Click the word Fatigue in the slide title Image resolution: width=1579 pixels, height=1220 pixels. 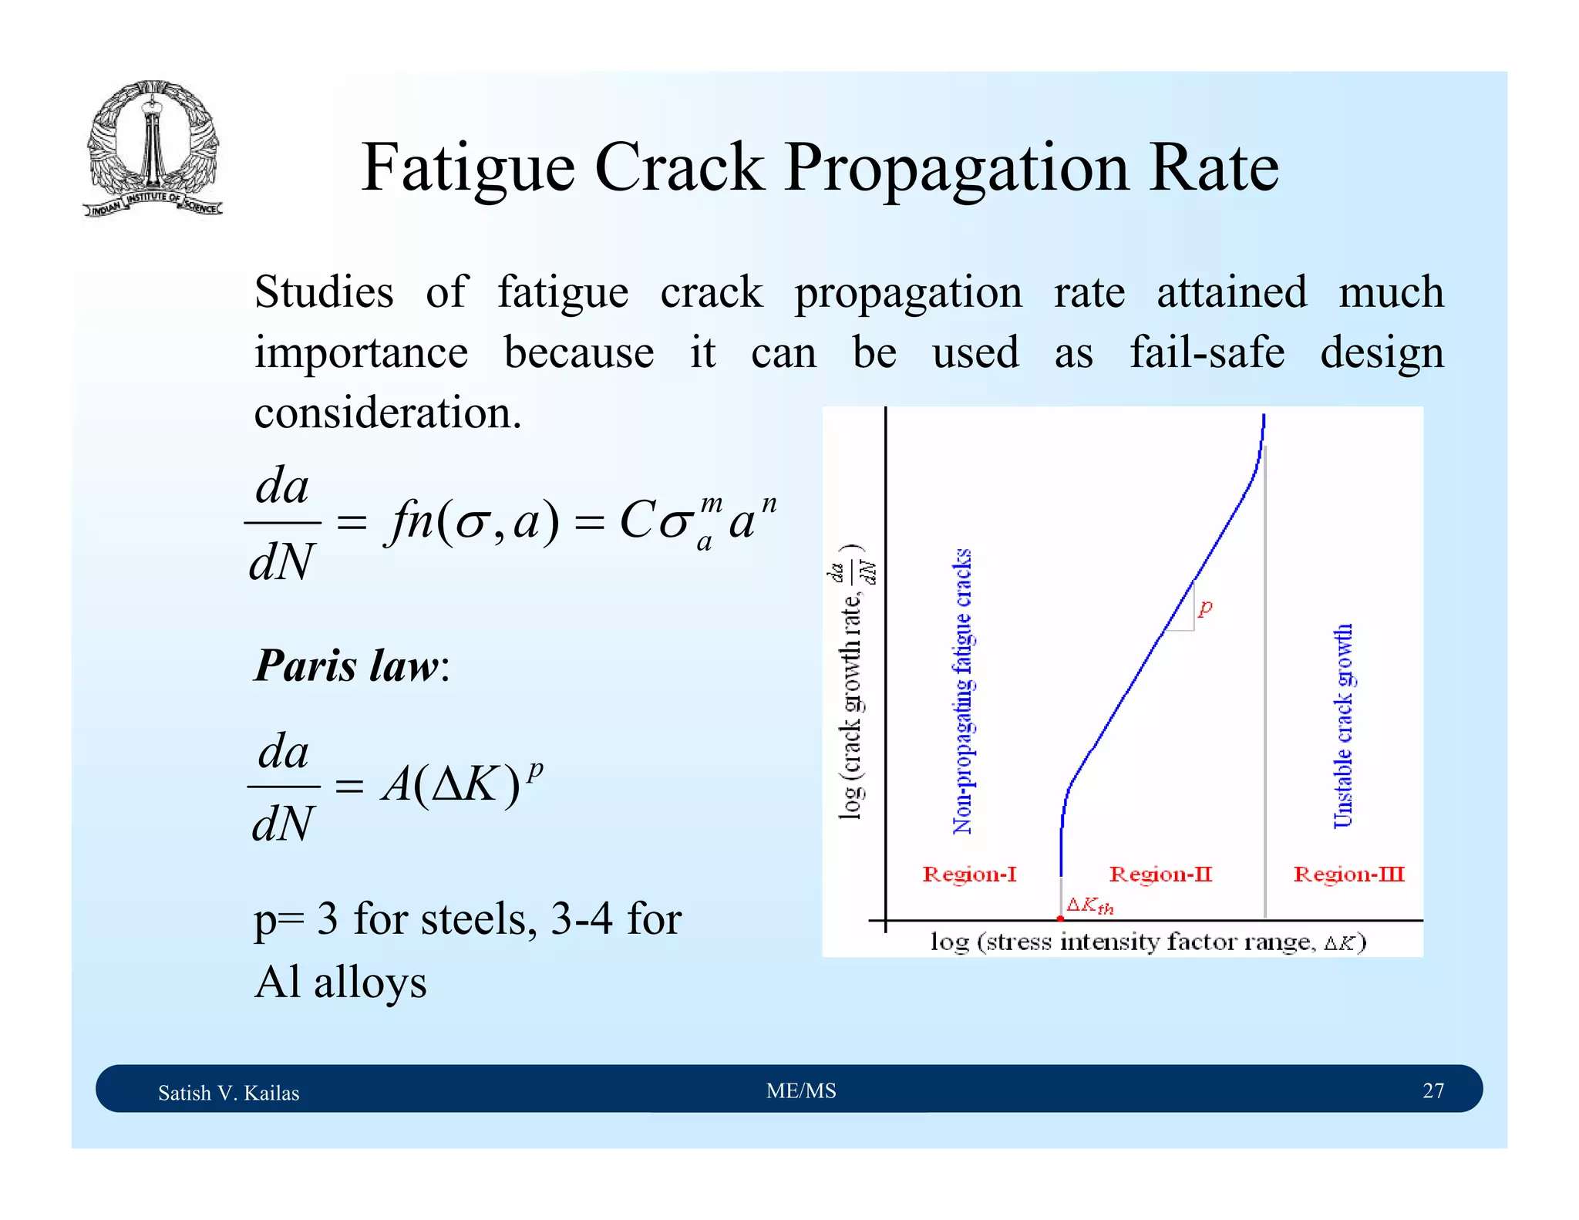468,169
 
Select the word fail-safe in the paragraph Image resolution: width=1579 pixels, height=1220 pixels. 1207,353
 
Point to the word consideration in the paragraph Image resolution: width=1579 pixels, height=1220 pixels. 387,413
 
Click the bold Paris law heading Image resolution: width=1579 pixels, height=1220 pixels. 347,666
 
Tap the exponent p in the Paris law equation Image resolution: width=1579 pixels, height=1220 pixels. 536,769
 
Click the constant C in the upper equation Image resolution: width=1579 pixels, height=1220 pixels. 638,521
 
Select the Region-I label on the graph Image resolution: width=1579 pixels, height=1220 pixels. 969,875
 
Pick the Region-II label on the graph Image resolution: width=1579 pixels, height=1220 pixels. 1160,875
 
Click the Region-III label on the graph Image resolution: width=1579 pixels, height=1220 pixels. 1348,875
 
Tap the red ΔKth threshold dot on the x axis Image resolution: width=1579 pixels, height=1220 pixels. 1060,918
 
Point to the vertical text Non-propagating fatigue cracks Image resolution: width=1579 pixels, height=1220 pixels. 962,692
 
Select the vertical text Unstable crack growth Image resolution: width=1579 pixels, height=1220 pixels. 1343,726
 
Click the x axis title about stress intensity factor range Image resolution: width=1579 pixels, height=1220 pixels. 1148,942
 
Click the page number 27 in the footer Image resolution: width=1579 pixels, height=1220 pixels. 1433,1090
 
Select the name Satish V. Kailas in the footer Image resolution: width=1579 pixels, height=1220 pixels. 228,1093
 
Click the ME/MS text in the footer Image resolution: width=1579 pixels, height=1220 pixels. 801,1090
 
